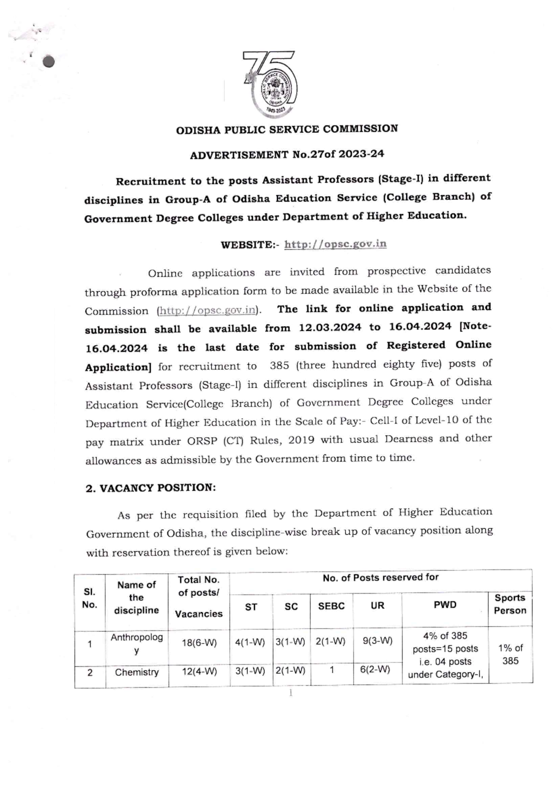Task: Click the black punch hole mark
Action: pyautogui.click(x=48, y=62)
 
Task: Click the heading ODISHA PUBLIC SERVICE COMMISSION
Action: pyautogui.click(x=287, y=129)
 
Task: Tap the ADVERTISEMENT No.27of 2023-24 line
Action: pyautogui.click(x=287, y=154)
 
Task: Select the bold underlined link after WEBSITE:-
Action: pyautogui.click(x=335, y=244)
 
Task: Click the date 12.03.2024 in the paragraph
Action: pyautogui.click(x=330, y=328)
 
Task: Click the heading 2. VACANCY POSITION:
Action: pyautogui.click(x=151, y=488)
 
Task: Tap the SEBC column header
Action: pyautogui.click(x=331, y=606)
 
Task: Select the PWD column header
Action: pyautogui.click(x=445, y=605)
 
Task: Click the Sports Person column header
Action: pyautogui.click(x=510, y=604)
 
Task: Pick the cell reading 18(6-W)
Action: pyautogui.click(x=199, y=643)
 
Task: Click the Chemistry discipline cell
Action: pyautogui.click(x=136, y=672)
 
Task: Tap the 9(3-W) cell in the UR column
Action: pyautogui.click(x=377, y=641)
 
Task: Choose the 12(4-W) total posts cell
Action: pyautogui.click(x=199, y=672)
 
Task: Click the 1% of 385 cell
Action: pyautogui.click(x=510, y=654)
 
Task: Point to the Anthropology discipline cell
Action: pyautogui.click(x=136, y=643)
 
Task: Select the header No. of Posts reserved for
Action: pyautogui.click(x=380, y=578)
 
